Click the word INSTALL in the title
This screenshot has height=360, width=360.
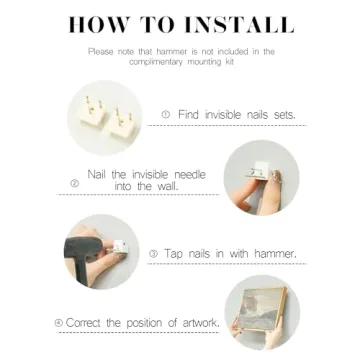(x=239, y=24)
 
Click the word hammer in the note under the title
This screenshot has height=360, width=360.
(x=173, y=52)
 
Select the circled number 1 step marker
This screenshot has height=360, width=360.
(x=166, y=115)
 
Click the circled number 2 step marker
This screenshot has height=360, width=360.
(x=75, y=183)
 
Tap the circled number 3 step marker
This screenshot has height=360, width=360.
(x=153, y=254)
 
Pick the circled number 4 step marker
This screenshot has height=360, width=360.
(x=59, y=323)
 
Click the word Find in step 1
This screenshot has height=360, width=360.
(x=189, y=115)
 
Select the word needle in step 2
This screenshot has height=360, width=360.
(x=190, y=174)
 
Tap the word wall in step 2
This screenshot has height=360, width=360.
(x=167, y=186)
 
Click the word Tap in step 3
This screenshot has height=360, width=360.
(x=173, y=254)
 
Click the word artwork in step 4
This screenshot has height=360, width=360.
(x=201, y=323)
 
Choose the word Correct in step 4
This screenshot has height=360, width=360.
(x=84, y=323)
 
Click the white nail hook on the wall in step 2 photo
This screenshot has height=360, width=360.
(x=258, y=173)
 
